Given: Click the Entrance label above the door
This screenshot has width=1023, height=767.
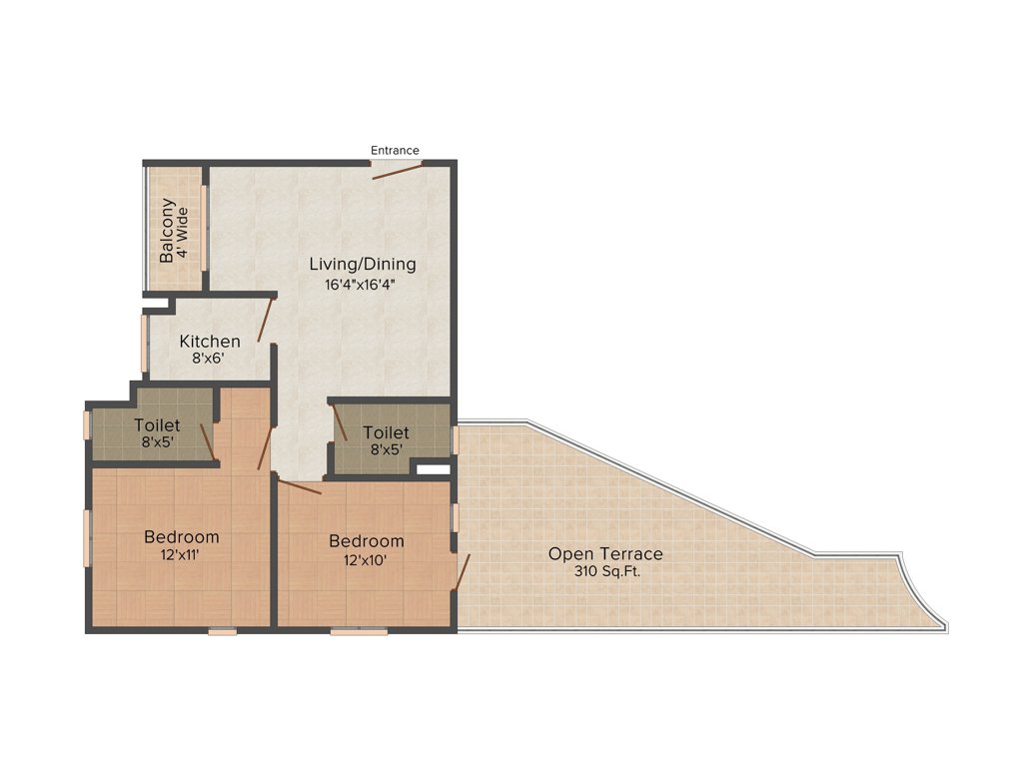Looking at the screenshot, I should point(395,151).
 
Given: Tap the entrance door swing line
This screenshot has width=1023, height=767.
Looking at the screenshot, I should point(397,171).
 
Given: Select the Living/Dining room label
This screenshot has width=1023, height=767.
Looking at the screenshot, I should point(362,265).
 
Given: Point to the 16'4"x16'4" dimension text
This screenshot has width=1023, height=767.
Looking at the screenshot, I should point(362,285).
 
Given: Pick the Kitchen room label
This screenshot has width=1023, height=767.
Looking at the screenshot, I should point(210,342).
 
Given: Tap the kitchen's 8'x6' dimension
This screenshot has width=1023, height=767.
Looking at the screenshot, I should point(209,358).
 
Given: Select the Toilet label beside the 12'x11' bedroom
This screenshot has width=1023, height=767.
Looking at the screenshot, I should point(157,425).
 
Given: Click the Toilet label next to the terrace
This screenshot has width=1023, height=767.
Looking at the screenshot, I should point(386,432).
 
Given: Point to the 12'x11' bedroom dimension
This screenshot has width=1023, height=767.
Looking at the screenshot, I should point(181,554).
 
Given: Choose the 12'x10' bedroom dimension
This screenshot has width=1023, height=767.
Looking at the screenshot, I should point(367,559).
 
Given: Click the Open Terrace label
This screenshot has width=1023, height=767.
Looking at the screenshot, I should point(605,554).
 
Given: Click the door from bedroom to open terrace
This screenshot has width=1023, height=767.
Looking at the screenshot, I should point(462,572).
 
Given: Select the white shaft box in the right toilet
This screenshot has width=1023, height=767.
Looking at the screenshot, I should point(432,466).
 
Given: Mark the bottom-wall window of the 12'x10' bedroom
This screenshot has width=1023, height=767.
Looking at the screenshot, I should point(359,631).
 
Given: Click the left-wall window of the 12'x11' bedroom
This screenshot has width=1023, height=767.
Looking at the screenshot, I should point(87,538).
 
